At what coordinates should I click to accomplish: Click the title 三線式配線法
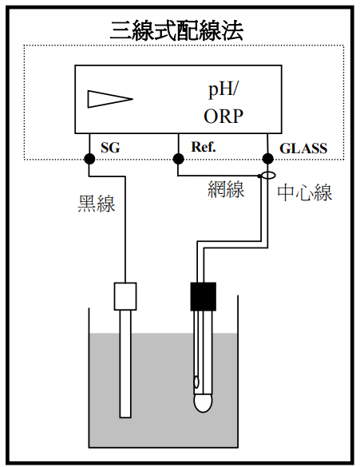(176, 30)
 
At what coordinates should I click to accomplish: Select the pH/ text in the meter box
(223, 90)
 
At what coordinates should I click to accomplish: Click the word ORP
(224, 116)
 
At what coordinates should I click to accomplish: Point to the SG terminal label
(110, 148)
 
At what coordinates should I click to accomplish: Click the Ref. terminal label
(204, 147)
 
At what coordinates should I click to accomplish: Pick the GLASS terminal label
(303, 148)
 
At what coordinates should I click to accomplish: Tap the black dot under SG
(89, 159)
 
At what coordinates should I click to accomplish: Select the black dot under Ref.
(178, 159)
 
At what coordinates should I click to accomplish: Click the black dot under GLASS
(267, 159)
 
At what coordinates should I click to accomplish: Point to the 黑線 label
(96, 204)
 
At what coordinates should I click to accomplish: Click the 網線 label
(226, 189)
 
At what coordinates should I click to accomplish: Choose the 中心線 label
(305, 193)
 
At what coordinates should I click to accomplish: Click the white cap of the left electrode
(125, 296)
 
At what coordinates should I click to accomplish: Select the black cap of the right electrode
(203, 297)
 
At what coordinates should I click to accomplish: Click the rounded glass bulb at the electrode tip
(203, 403)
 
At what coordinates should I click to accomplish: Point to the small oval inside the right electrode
(196, 382)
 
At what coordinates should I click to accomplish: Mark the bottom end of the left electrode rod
(125, 418)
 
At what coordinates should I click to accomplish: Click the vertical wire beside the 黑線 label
(125, 229)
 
